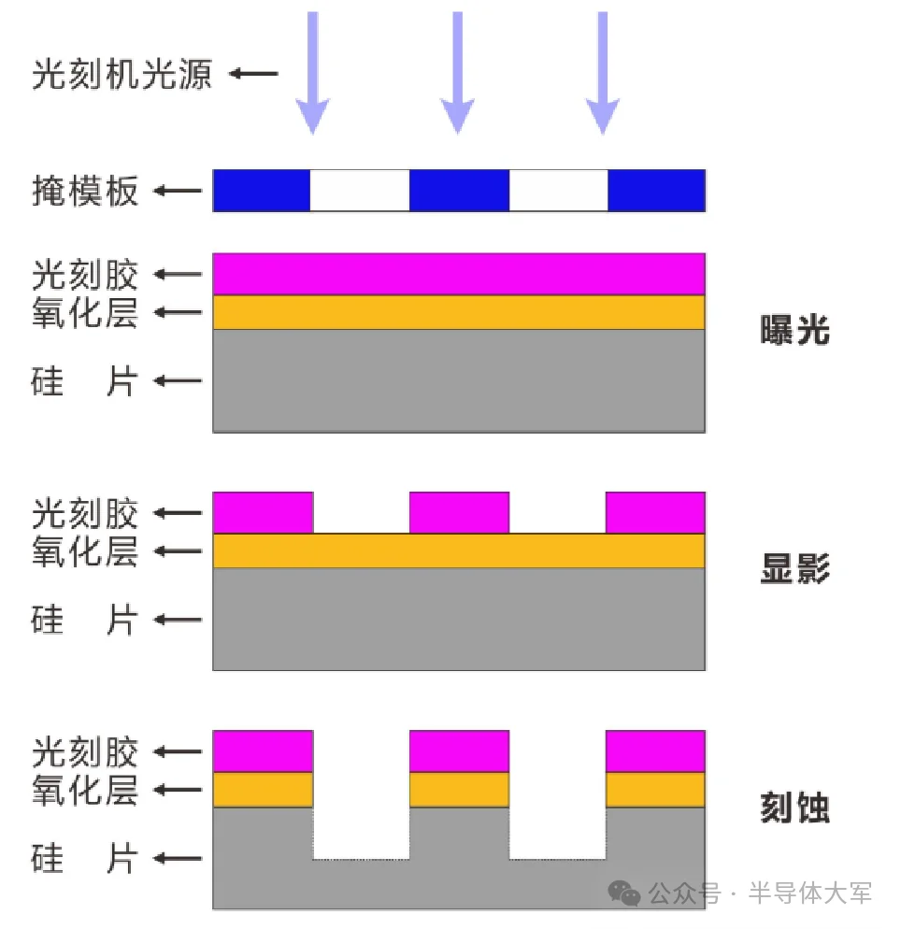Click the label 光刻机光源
point(122,74)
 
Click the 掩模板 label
point(85,192)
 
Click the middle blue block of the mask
point(459,191)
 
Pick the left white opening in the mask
point(360,191)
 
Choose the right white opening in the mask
point(558,191)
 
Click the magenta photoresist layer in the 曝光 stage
point(459,274)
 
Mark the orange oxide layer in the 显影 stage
point(459,551)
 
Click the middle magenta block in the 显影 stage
point(459,512)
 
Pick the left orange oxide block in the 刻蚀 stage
point(263,790)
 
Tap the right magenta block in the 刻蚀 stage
point(655,750)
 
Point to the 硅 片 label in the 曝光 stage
point(85,381)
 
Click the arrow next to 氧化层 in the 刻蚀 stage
point(178,791)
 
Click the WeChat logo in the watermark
point(624,893)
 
